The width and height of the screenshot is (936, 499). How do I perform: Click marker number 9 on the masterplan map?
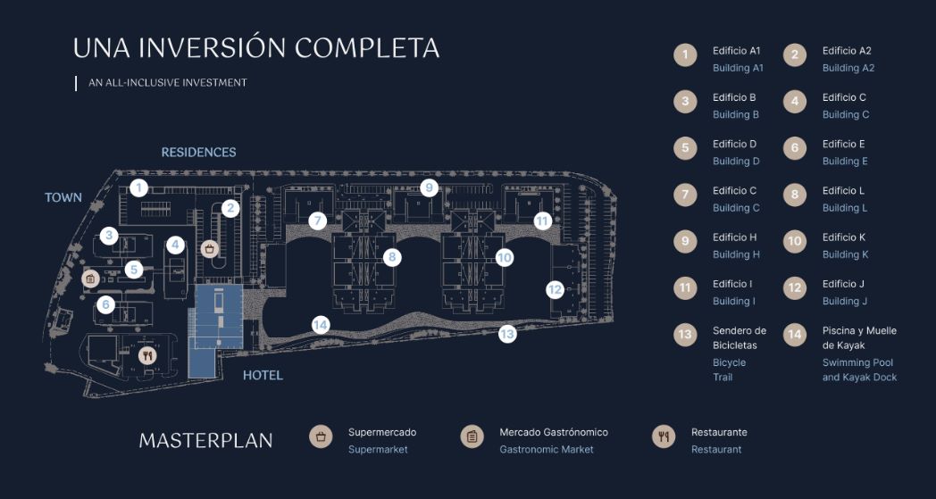click(x=429, y=187)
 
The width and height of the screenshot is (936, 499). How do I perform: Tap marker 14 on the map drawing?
click(x=321, y=325)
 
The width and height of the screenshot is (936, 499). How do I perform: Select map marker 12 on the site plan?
click(x=555, y=289)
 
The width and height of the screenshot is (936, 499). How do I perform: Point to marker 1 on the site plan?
click(x=138, y=187)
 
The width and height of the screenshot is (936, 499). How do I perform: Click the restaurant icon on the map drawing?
click(x=148, y=355)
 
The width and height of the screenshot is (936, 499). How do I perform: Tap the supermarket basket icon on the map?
click(x=210, y=248)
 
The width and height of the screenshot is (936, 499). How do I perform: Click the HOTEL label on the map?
click(x=263, y=376)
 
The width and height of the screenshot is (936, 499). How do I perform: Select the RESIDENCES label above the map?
click(x=198, y=153)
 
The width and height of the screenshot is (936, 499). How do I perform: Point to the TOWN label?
click(x=63, y=197)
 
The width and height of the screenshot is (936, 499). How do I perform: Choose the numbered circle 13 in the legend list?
click(x=685, y=335)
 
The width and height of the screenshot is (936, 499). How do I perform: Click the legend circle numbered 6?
click(x=795, y=148)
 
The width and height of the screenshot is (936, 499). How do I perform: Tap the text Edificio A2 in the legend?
click(x=846, y=51)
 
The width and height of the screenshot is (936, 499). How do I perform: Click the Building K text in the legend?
click(x=845, y=254)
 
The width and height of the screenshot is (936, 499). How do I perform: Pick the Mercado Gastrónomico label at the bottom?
click(x=553, y=432)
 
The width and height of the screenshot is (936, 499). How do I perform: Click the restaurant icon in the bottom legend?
click(x=664, y=437)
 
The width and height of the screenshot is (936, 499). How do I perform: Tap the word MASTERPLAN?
click(x=205, y=440)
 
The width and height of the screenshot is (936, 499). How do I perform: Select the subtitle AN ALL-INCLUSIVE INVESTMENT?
click(x=167, y=83)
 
